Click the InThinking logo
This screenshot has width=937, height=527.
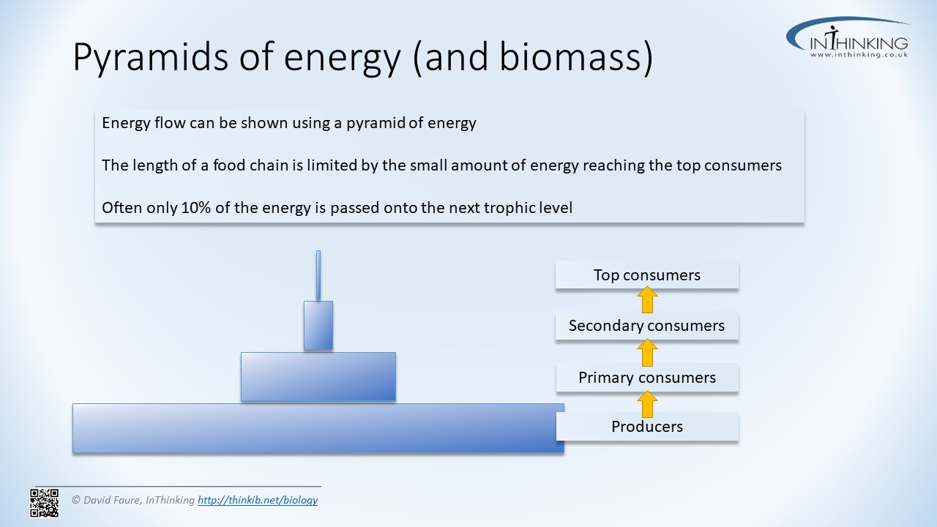point(848,37)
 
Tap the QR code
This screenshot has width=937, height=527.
point(45,503)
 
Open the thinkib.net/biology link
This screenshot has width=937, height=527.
point(258,500)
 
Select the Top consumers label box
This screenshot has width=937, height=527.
point(646,274)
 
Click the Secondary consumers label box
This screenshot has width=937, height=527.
point(646,326)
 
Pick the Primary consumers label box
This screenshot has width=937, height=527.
point(647,377)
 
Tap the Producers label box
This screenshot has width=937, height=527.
point(647,426)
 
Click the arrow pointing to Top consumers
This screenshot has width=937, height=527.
point(647,299)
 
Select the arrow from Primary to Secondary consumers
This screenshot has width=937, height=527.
point(647,353)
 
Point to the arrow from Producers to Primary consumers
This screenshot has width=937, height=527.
point(647,404)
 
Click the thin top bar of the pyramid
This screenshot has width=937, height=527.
point(318,275)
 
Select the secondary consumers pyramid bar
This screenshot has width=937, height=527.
point(318,326)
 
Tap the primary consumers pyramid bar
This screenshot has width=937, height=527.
point(318,377)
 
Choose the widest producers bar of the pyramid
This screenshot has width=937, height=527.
point(318,428)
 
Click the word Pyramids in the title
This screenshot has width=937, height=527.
point(151,58)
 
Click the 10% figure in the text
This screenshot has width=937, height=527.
point(195,207)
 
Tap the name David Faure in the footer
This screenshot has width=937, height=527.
point(112,500)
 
